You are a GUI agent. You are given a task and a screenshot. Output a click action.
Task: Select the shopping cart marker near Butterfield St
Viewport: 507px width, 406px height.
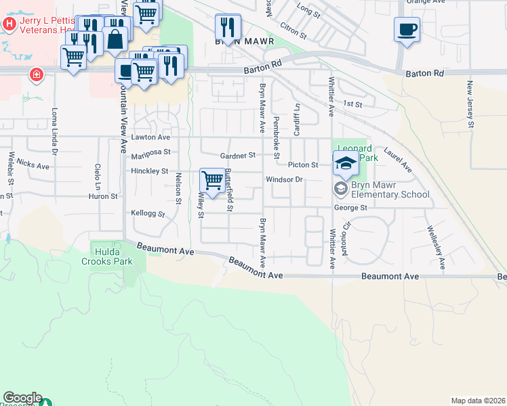(213, 181)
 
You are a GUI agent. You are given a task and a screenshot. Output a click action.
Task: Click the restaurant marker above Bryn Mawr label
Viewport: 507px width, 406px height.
(228, 28)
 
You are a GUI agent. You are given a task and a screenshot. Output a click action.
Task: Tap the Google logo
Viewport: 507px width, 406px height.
(22, 398)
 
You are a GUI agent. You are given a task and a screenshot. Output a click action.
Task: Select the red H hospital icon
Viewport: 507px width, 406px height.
(9, 24)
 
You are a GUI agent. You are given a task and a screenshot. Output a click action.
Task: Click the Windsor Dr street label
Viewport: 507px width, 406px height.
(283, 179)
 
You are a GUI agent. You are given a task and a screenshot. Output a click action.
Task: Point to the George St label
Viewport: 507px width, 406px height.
(350, 208)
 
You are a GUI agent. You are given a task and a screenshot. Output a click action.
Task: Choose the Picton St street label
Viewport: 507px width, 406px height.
(303, 164)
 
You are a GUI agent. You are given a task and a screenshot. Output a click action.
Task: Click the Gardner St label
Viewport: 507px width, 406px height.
(238, 155)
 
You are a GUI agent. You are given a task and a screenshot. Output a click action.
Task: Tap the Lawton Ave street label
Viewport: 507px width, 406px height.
(150, 137)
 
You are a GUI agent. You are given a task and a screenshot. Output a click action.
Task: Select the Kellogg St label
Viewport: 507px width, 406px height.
(148, 213)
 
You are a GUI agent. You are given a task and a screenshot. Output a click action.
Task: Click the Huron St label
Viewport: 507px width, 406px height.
(103, 196)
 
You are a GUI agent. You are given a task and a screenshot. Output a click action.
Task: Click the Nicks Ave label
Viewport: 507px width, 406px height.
(33, 164)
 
